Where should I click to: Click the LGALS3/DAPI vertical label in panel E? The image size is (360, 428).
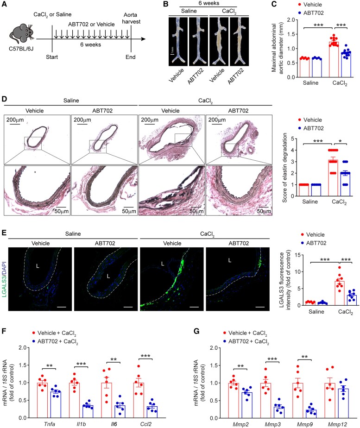pyautogui.click(x=5, y=285)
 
